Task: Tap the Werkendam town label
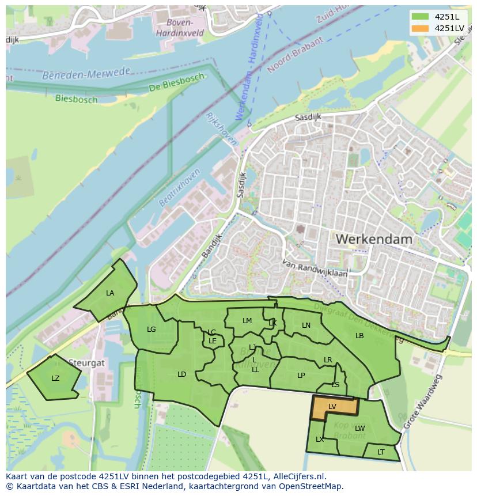373,238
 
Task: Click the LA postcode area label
110,293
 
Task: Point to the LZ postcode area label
55,378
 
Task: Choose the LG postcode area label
152,330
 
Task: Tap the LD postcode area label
182,374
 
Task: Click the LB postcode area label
359,336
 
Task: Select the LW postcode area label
360,428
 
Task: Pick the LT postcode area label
381,452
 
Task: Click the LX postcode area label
320,440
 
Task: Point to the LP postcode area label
301,376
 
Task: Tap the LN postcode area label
306,325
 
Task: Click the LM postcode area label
247,321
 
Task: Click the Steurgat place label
86,363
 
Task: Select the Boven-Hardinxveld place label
180,27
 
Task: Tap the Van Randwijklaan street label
315,268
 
